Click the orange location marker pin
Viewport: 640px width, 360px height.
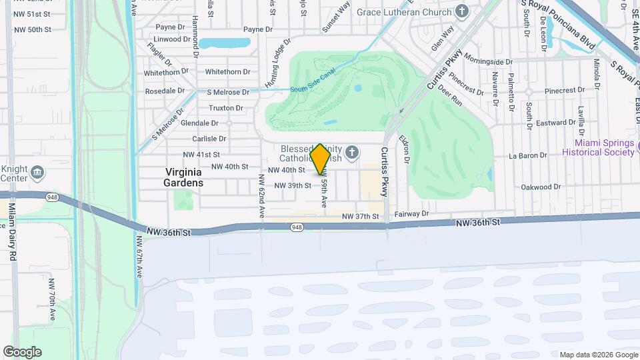321,159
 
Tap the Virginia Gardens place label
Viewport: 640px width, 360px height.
184,177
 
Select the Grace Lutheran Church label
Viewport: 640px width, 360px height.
404,11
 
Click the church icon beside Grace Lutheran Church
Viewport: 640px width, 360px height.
461,11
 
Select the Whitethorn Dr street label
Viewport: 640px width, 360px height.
227,72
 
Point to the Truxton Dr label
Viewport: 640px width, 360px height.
225,108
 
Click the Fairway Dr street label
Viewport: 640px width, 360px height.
411,214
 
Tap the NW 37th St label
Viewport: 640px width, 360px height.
360,217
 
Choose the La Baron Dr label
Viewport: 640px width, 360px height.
527,156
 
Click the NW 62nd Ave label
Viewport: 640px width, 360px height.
262,195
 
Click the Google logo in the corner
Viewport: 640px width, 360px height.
22,351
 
